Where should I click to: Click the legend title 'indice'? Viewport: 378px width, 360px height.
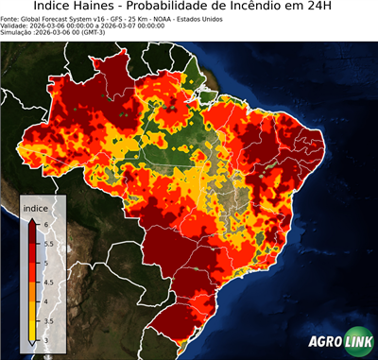coord(35,208)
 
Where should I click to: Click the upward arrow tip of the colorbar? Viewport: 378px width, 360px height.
coord(31,218)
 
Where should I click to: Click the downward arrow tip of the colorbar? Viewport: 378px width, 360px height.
coord(31,344)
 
